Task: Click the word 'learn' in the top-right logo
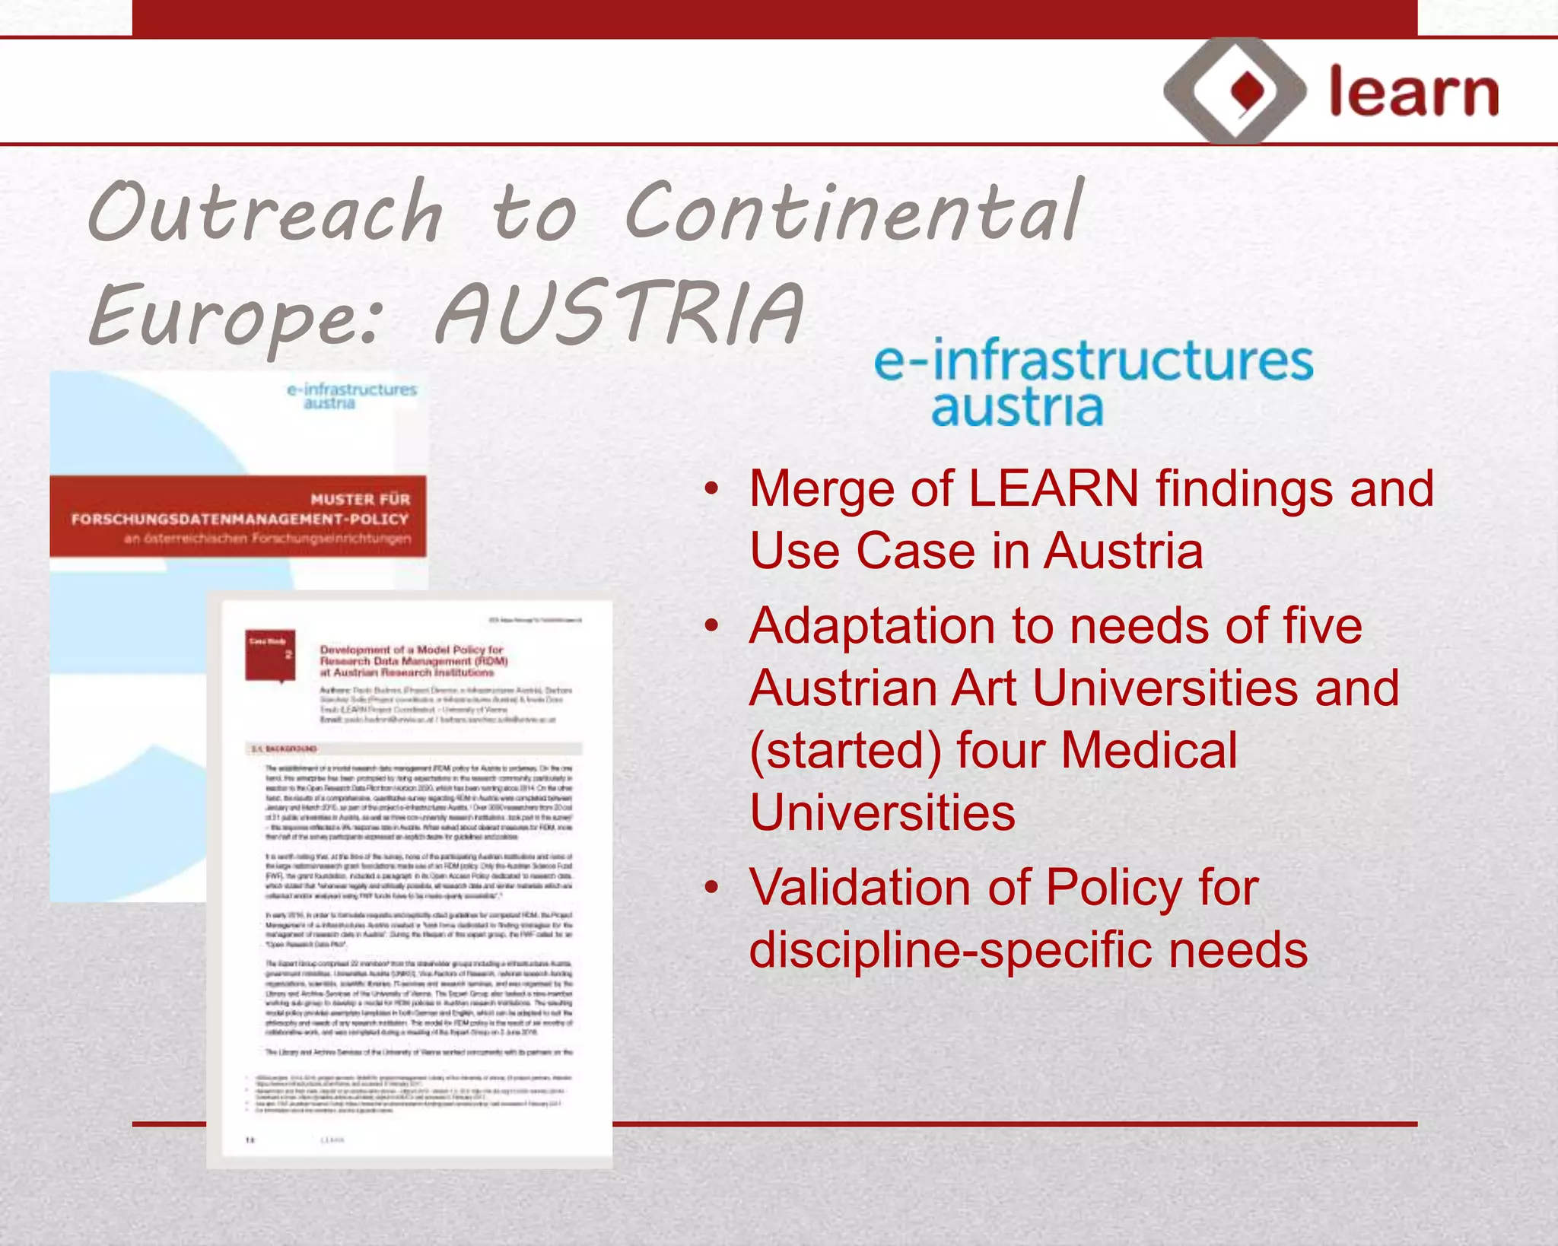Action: pos(1413,93)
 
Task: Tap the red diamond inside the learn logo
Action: pos(1247,91)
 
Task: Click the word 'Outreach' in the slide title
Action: pos(265,211)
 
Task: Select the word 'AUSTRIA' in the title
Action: pos(619,313)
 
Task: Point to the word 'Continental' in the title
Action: pos(852,211)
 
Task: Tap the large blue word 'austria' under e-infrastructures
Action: pos(1017,408)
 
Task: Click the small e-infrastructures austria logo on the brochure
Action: pos(351,396)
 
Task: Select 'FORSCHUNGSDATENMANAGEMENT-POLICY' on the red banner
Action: pos(240,520)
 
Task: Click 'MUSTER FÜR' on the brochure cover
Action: pos(360,499)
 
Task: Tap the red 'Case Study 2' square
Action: pos(270,655)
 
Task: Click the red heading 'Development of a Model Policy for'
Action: pos(412,650)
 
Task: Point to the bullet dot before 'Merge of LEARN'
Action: pos(711,488)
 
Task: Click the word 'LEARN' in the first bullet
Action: pos(1054,488)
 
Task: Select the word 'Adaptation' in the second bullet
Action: pos(872,626)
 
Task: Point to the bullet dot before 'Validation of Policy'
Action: pos(711,888)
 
